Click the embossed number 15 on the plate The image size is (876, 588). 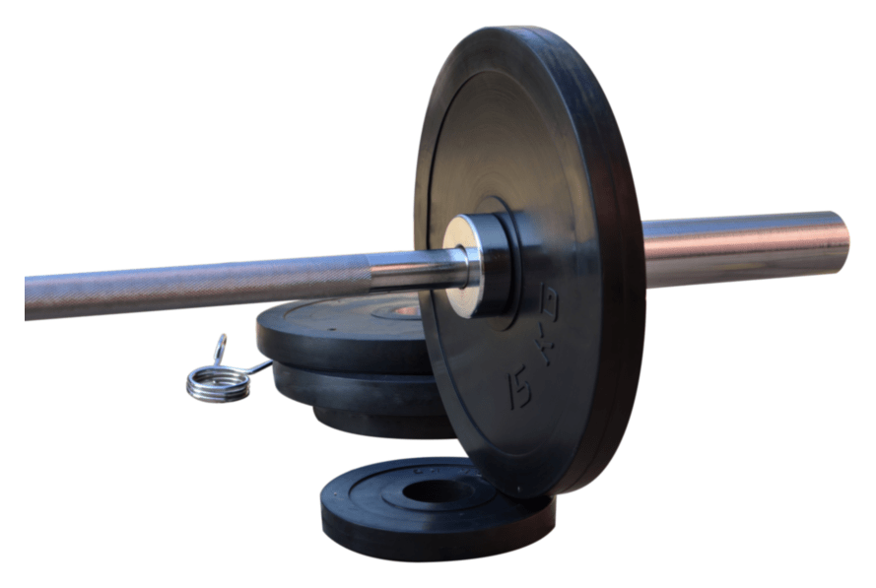(x=519, y=387)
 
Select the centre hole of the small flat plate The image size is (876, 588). (x=437, y=491)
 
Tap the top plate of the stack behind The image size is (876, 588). (x=342, y=332)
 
